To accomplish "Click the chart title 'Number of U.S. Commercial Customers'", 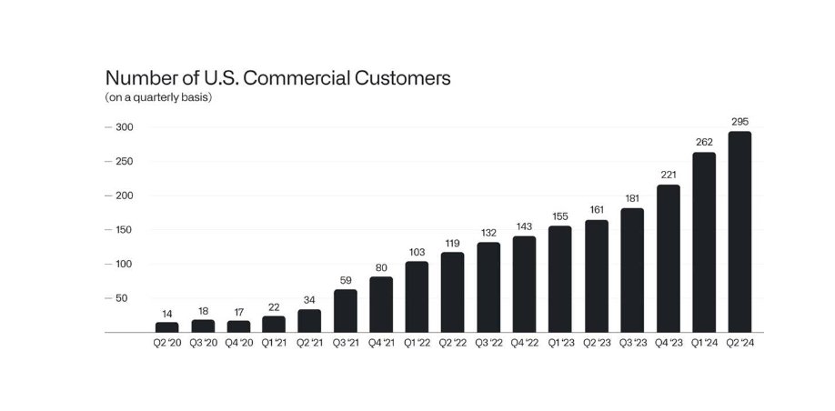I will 277,78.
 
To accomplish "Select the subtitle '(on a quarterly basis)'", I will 159,97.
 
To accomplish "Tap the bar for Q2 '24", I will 739,232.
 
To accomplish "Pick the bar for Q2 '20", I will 167,327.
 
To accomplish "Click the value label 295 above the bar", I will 739,121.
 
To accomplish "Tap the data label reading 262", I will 704,142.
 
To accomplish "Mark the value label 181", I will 632,198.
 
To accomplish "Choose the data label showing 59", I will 346,280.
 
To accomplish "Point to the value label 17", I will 238,311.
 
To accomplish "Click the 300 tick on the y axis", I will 124,127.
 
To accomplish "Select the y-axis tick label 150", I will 124,230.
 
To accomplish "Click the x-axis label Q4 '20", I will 238,344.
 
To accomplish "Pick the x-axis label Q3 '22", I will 488,344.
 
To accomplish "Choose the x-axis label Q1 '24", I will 704,344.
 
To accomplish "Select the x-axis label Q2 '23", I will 597,344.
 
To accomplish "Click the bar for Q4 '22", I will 525,285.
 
